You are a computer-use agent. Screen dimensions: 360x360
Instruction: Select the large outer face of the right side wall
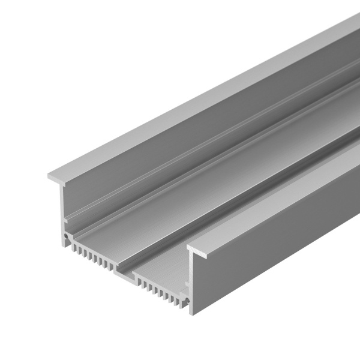[x=276, y=240]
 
